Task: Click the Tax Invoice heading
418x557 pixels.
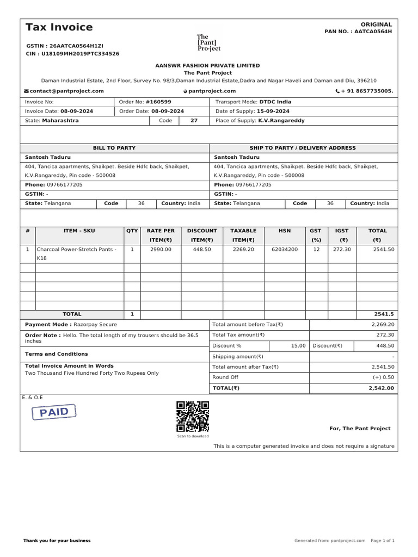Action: point(59,27)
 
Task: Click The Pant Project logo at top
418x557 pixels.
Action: point(208,42)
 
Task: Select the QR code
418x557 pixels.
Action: point(193,416)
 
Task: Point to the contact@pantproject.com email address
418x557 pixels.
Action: point(67,91)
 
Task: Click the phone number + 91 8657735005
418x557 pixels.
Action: point(367,91)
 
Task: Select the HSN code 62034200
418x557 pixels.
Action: point(285,249)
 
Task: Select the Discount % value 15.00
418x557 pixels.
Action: point(298,345)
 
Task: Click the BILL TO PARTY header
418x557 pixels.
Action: point(114,148)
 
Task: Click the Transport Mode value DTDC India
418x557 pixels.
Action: point(275,102)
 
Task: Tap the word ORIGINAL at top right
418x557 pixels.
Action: point(376,24)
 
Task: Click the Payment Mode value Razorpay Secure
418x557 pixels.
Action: point(95,324)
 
